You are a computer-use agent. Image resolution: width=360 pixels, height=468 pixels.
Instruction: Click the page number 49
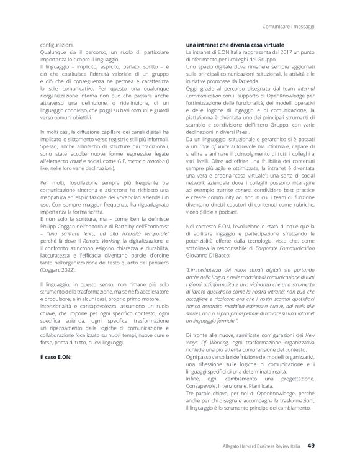click(x=312, y=444)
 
